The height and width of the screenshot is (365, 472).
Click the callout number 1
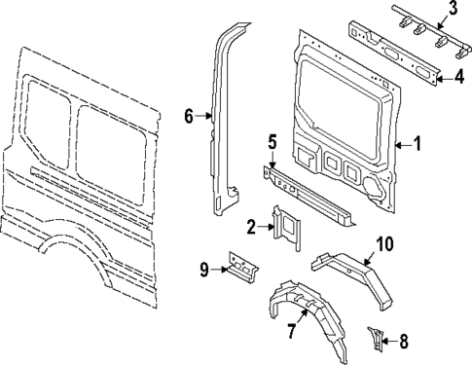click(418, 145)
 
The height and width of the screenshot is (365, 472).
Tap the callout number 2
click(251, 228)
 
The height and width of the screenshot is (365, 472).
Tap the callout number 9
click(203, 267)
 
